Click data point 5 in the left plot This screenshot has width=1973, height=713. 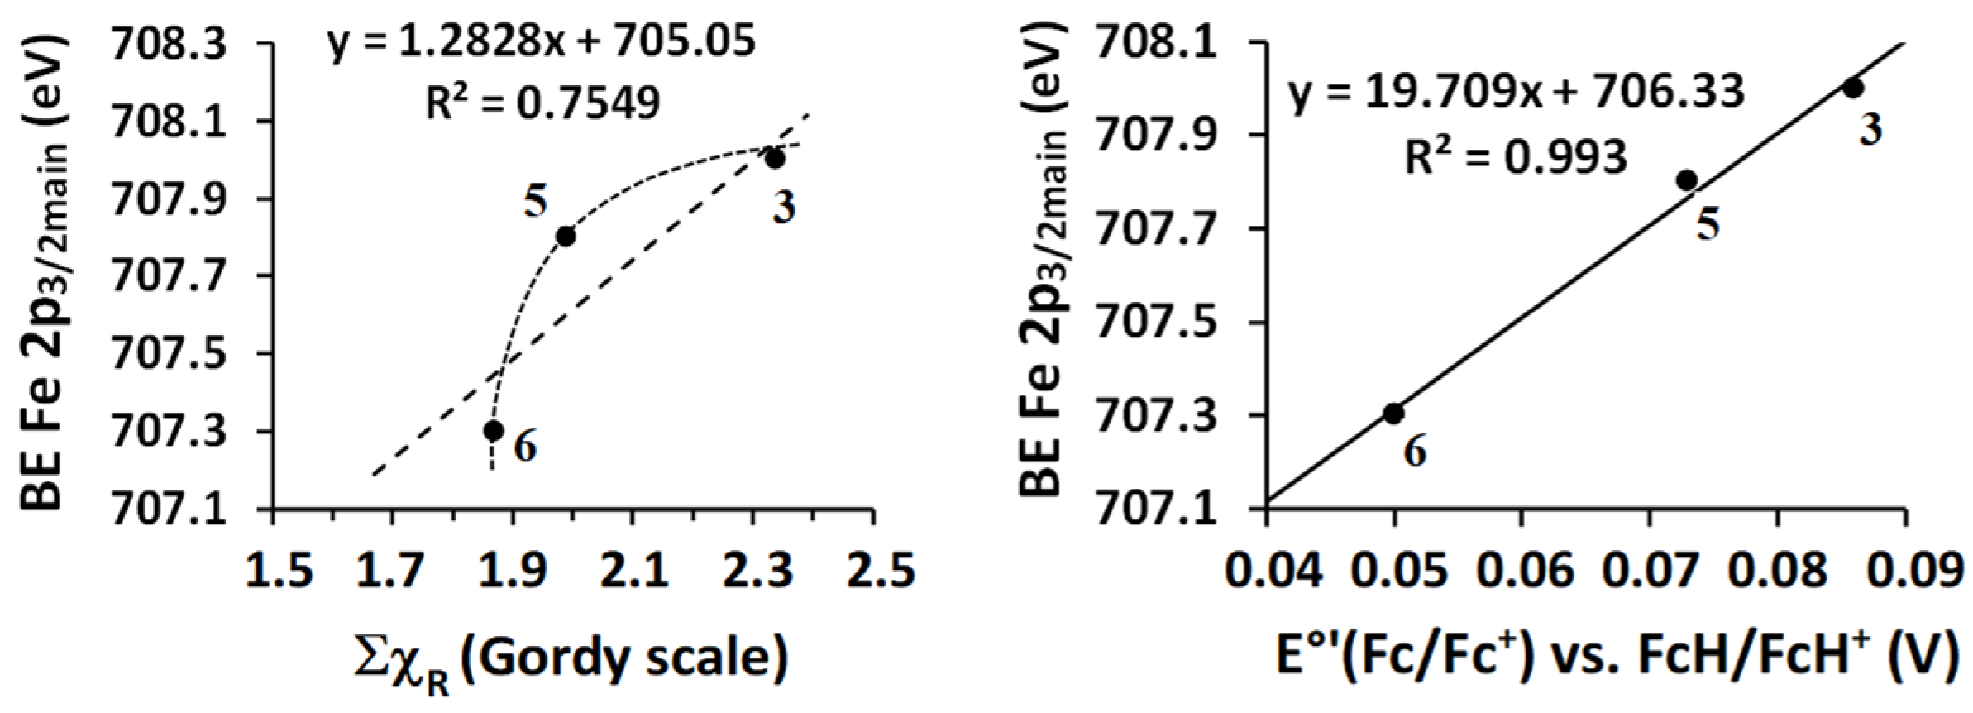click(566, 237)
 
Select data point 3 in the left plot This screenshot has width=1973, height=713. click(775, 158)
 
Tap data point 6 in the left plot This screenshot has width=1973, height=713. click(494, 431)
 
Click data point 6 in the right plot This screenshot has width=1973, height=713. click(1393, 414)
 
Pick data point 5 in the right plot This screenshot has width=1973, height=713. click(1687, 180)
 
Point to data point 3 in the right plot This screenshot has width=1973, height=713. click(1853, 88)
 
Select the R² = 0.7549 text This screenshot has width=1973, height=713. click(542, 103)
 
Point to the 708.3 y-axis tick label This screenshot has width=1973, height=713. click(169, 45)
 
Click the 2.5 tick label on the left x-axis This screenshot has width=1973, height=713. click(880, 571)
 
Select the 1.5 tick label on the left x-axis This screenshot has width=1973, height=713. click(279, 571)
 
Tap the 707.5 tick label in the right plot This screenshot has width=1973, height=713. click(1155, 322)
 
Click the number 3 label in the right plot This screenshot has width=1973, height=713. click(1870, 128)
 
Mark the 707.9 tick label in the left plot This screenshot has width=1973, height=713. click(169, 199)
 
